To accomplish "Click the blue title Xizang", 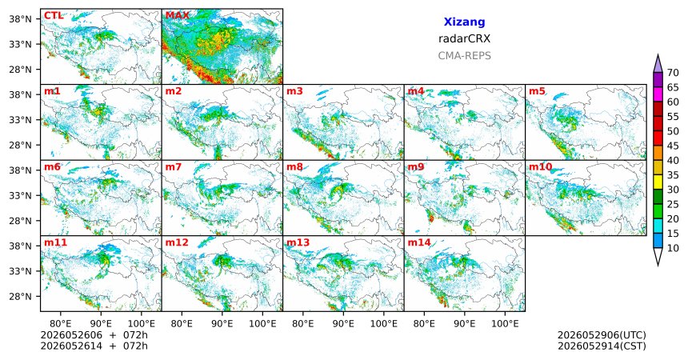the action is click(464, 22).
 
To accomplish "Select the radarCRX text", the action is click(464, 38).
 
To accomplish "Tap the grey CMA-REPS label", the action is click(464, 56).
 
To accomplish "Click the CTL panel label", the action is click(53, 16).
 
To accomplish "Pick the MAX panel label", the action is click(177, 16).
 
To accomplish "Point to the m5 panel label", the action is click(537, 91).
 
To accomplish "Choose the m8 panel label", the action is click(295, 167).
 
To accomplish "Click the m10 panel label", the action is click(540, 167).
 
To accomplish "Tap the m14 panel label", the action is click(419, 242).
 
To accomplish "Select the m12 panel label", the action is click(176, 242).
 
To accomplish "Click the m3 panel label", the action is click(295, 91).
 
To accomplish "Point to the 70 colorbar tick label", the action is click(673, 73).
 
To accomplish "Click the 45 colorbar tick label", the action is click(673, 146).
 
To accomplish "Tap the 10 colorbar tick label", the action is click(673, 248).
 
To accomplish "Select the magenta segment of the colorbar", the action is click(658, 94).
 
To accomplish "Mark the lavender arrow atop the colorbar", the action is click(658, 65).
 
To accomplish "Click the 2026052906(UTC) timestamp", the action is click(602, 335).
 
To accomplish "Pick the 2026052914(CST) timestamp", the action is click(602, 346).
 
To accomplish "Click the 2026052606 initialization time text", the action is click(71, 335).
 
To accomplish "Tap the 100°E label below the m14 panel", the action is click(505, 324).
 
